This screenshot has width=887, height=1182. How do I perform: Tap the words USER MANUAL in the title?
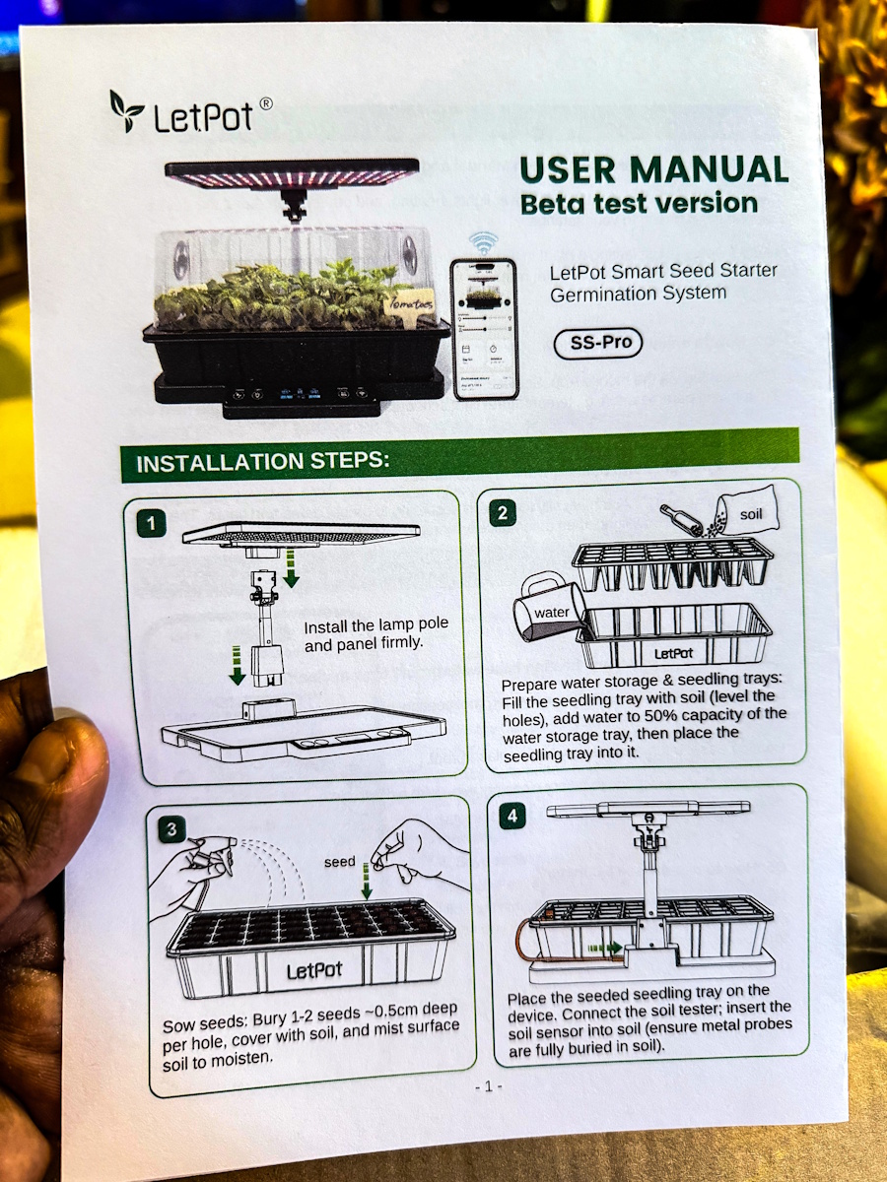653,169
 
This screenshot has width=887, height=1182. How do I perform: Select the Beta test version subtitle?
639,204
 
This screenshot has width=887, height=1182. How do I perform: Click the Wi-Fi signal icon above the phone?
482,242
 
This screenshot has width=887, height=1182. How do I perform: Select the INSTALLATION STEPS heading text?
263,462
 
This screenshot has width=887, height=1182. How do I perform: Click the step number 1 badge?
151,523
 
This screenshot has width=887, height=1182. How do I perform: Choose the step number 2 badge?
503,512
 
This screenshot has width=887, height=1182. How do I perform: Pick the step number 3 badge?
171,829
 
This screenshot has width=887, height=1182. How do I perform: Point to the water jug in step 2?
548,615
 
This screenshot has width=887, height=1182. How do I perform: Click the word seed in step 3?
340,861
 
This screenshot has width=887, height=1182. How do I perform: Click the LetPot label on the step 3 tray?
314,970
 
